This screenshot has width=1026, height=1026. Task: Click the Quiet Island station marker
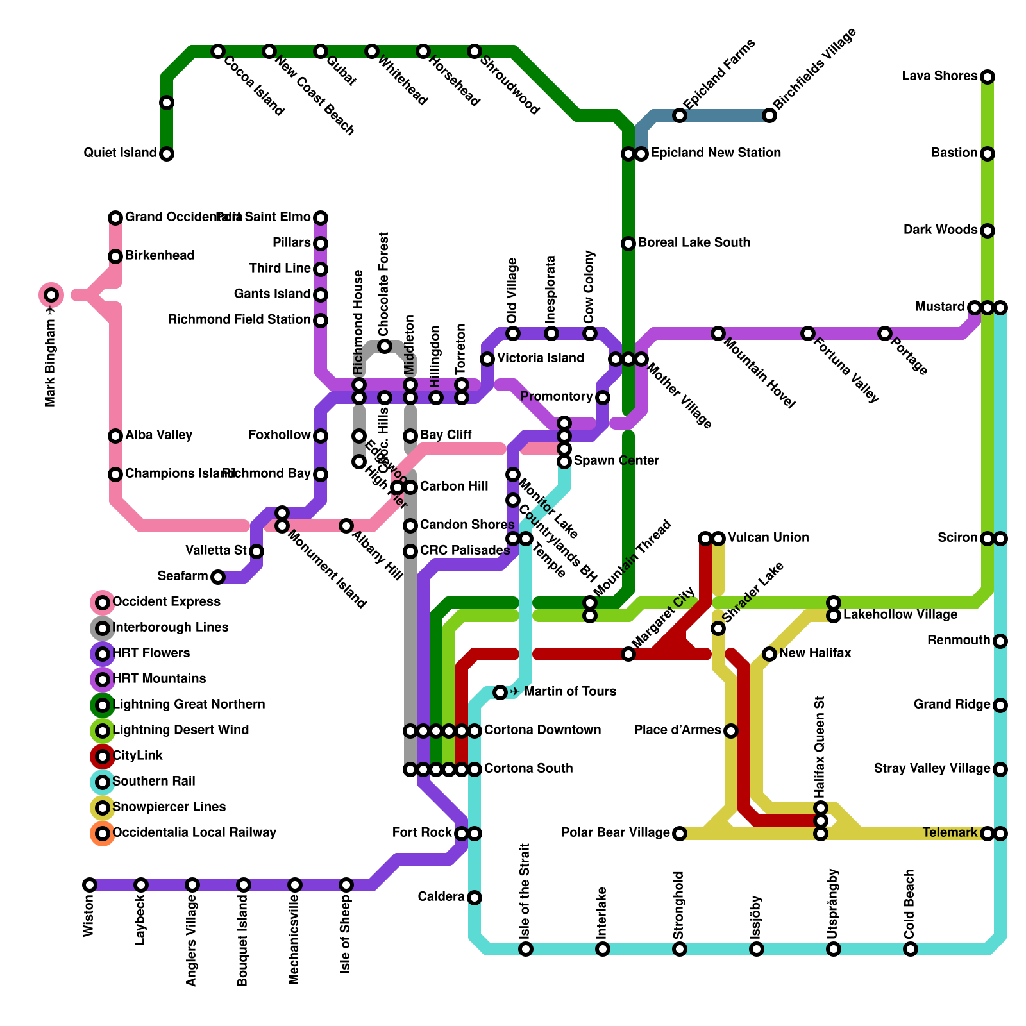tap(167, 154)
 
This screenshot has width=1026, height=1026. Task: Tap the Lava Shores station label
tap(939, 76)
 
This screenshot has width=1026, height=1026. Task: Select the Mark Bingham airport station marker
tap(51, 295)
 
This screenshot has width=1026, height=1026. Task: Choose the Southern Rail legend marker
tap(103, 782)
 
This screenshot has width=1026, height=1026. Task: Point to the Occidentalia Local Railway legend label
tap(194, 833)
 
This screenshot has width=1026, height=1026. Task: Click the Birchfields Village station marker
tap(769, 115)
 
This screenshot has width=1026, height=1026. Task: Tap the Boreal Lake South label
tap(694, 243)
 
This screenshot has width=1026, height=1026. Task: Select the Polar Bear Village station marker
tap(680, 834)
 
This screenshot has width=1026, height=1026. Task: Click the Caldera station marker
tap(475, 898)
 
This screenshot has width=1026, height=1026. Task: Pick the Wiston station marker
tap(90, 885)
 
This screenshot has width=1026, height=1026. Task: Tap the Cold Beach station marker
tap(911, 949)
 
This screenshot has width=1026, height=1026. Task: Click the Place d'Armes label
tap(677, 730)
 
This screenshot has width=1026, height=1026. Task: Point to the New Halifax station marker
tap(769, 654)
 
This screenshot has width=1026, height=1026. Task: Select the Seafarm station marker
tap(218, 577)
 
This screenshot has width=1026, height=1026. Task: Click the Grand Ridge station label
tap(952, 705)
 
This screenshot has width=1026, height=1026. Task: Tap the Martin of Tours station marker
tap(500, 693)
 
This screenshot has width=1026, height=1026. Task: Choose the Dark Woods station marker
tap(988, 231)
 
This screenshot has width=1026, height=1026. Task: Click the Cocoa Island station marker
tap(218, 51)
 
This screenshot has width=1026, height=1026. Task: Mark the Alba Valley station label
tap(158, 435)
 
